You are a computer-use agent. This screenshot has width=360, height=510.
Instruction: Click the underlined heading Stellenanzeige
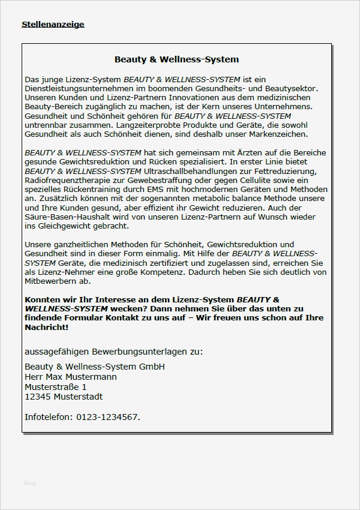53,25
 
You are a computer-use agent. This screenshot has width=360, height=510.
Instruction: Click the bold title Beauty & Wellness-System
176,59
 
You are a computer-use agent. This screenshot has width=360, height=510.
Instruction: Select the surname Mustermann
90,377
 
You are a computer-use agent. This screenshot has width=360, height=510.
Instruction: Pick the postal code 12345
37,397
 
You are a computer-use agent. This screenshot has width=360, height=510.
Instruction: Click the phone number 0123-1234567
108,416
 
